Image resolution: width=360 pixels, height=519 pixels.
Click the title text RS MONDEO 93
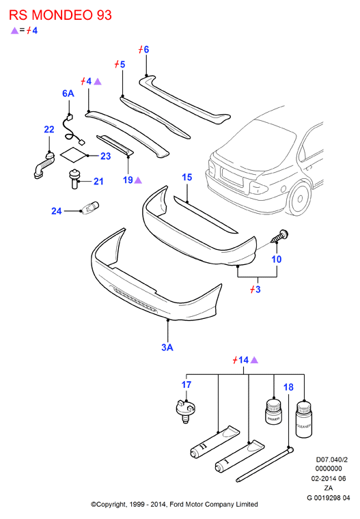point(60,15)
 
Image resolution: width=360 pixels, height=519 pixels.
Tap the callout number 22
point(49,130)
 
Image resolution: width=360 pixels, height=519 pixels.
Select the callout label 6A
point(68,94)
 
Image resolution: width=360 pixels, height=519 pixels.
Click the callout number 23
point(106,156)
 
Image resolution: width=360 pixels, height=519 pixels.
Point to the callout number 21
point(98,181)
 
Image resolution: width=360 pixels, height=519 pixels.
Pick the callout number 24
point(57,211)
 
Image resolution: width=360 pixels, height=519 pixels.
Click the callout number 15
point(187,177)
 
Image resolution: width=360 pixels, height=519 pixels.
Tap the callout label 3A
point(167,347)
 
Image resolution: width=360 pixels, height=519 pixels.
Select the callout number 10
point(277,259)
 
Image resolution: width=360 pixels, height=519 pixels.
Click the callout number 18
point(288,387)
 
